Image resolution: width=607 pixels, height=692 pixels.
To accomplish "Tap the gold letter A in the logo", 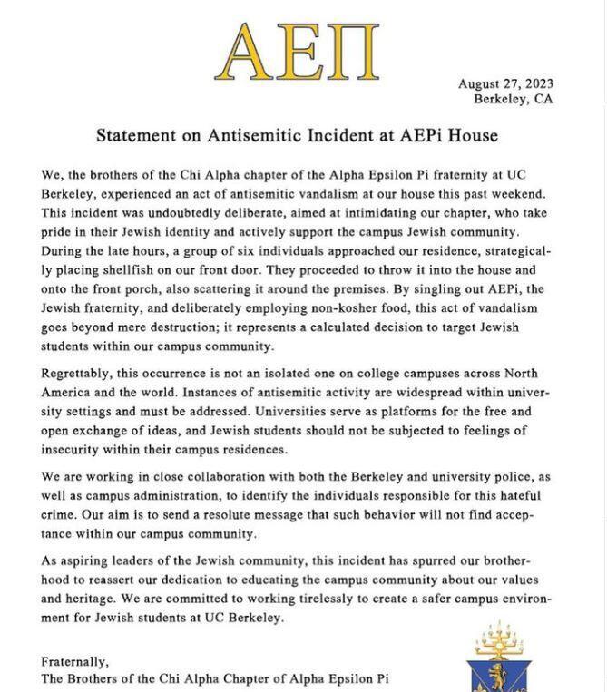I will coord(251,50).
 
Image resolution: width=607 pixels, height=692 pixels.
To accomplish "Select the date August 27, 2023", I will coord(505,83).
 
